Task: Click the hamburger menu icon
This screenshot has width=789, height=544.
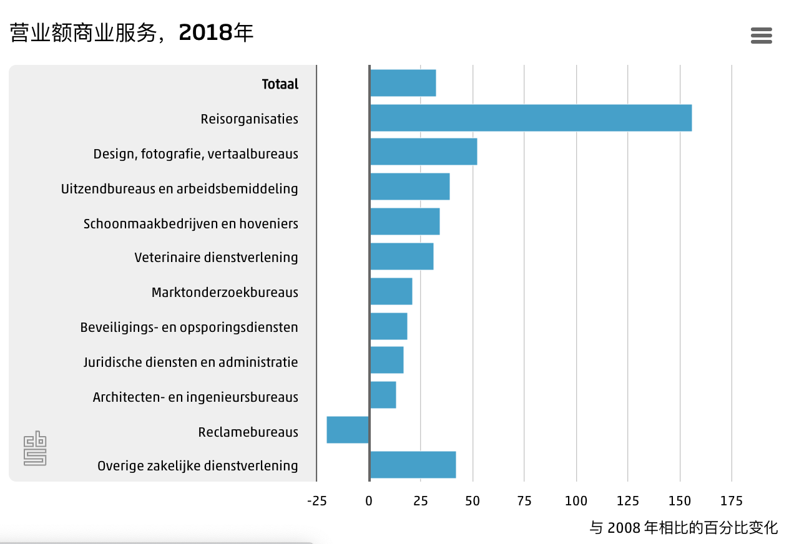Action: [x=761, y=36]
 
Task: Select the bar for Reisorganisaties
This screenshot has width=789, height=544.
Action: [x=531, y=118]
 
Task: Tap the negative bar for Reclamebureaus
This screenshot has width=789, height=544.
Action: [x=348, y=430]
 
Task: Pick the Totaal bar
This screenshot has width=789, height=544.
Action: [x=403, y=83]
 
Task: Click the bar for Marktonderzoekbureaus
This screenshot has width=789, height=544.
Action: [x=391, y=291]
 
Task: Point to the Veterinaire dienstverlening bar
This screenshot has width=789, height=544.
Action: [x=401, y=256]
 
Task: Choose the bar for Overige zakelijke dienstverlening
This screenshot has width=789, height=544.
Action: [x=413, y=465]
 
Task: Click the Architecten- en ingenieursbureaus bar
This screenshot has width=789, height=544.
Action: [x=383, y=395]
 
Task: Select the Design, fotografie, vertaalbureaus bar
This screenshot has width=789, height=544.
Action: [x=423, y=152]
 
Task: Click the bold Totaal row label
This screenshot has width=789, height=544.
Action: [x=280, y=84]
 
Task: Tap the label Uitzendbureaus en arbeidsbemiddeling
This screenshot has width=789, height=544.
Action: [x=180, y=188]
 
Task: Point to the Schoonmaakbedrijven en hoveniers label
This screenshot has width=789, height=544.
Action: [x=191, y=223]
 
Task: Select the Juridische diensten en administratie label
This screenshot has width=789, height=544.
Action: [x=191, y=362]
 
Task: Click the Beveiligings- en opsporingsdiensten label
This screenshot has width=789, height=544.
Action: [x=189, y=327]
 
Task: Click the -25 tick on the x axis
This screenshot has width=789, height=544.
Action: [x=317, y=500]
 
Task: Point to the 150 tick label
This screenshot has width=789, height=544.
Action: [x=680, y=500]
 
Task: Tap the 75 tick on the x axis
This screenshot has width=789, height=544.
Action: [x=524, y=500]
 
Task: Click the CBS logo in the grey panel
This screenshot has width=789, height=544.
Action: [x=36, y=449]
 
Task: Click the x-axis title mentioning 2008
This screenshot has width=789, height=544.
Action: [x=684, y=528]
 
